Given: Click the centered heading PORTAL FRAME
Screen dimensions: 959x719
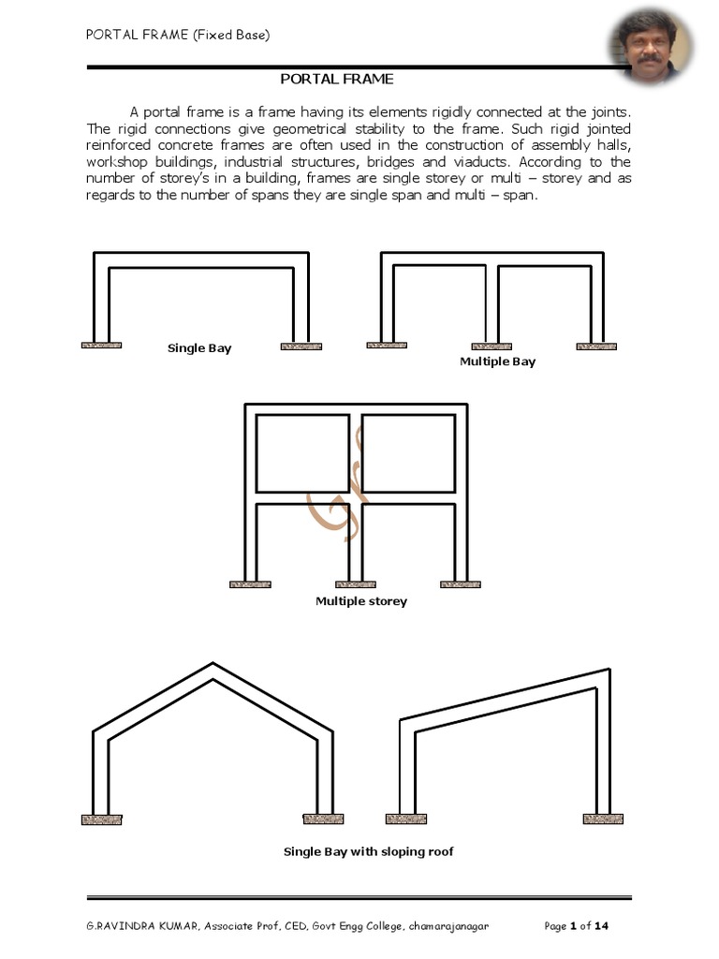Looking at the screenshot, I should coord(337,80).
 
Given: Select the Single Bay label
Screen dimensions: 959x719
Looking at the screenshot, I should coord(199,348).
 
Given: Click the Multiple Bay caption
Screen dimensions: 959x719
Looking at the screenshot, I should coord(497,361).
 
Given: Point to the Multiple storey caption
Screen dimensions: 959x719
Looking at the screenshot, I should coord(361,601).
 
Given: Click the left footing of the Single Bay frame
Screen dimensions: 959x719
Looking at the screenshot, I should coord(101,346).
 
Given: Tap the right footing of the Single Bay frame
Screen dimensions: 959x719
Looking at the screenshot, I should coord(301,347).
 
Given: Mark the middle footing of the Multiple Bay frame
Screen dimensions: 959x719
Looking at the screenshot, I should coord(492,347).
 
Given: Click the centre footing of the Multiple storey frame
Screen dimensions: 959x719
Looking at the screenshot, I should coord(356,584).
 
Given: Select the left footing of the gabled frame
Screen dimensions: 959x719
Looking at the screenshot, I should coord(101,819).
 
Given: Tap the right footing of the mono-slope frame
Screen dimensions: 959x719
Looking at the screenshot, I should coord(603,819).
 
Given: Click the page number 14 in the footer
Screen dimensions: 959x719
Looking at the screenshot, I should coord(602,927).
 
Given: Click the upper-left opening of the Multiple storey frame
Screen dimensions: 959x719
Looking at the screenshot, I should coord(302,453).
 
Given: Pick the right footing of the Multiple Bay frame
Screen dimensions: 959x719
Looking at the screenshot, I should coord(596,347).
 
